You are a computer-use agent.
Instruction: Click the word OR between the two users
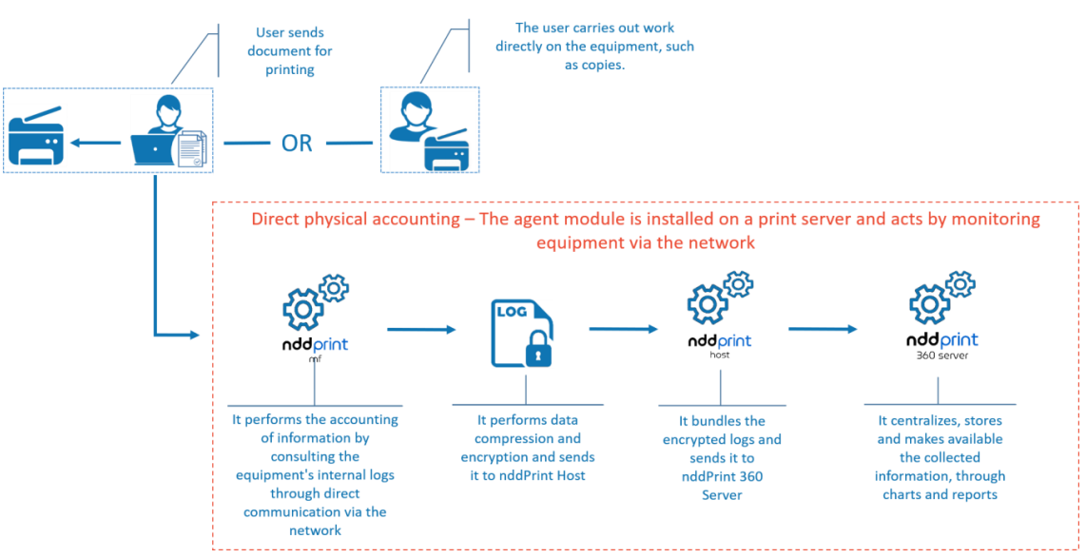click(x=297, y=143)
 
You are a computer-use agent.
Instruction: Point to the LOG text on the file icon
click(x=512, y=312)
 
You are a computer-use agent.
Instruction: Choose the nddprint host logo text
click(x=719, y=341)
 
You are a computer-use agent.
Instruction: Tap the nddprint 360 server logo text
click(x=941, y=340)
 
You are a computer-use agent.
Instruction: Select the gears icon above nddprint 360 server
click(x=941, y=298)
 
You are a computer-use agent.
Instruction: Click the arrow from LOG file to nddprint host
click(x=624, y=329)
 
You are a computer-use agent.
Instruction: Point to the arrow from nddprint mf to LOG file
click(x=422, y=330)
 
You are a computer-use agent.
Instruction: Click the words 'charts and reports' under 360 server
click(x=940, y=494)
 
